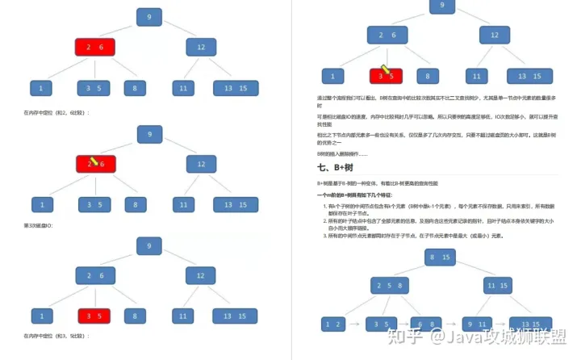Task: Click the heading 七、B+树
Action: (337, 168)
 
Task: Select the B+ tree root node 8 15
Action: (440, 257)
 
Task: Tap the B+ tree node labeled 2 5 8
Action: (387, 286)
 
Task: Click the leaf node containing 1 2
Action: (332, 324)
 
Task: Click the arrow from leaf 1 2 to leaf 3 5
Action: (355, 324)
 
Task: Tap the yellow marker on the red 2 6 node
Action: (94, 161)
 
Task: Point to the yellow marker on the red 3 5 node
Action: (386, 71)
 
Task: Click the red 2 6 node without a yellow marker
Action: (95, 47)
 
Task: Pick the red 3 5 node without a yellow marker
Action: (94, 315)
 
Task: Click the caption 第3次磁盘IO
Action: (38, 225)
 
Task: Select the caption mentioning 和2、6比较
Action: (56, 112)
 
